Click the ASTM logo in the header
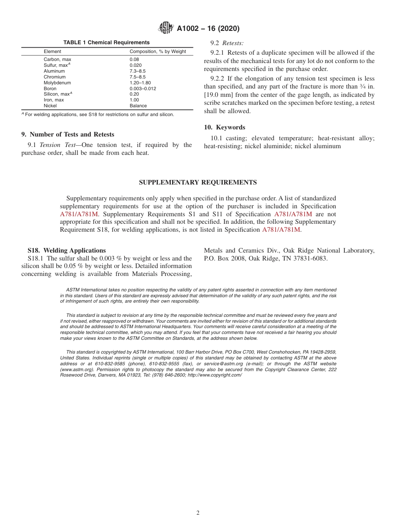[x=166, y=28]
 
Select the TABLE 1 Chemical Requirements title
[x=106, y=43]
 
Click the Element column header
[x=53, y=51]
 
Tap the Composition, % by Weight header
[x=158, y=51]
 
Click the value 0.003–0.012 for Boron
[x=143, y=88]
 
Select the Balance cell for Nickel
[x=138, y=106]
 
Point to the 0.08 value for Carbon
[x=135, y=59]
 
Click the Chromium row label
[x=55, y=77]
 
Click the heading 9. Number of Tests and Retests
[x=68, y=134]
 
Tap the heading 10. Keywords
[x=224, y=127]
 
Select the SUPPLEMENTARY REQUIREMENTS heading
[x=198, y=182]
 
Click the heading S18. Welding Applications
[x=67, y=250]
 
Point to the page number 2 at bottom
[x=198, y=513]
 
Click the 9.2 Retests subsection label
[x=227, y=43]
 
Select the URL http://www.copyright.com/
[x=215, y=375]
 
